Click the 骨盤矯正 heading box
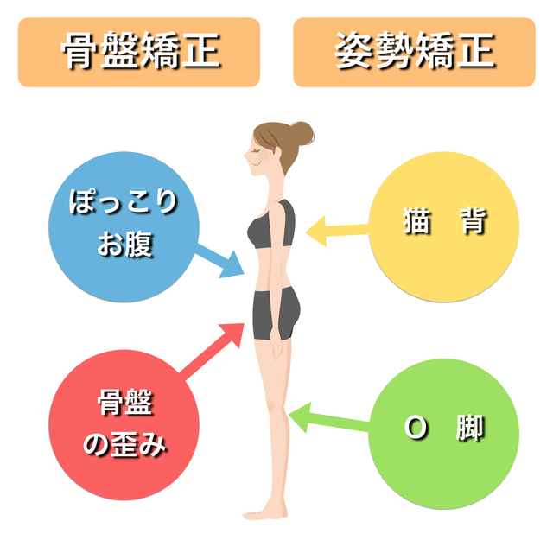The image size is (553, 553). tap(138, 52)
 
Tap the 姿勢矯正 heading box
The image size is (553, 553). tap(414, 52)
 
